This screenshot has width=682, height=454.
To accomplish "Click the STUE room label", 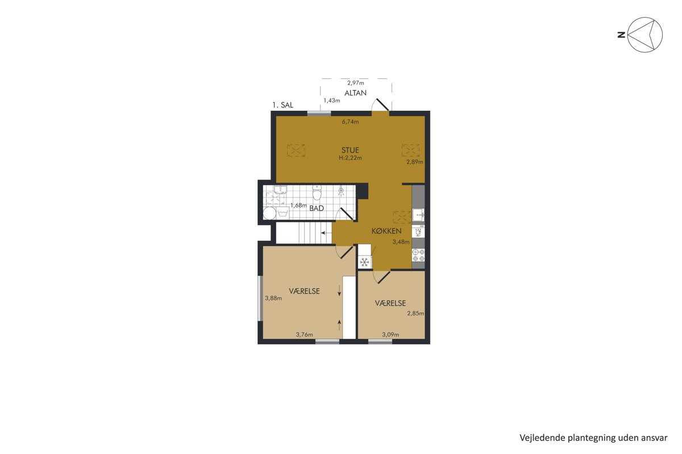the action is [x=350, y=150].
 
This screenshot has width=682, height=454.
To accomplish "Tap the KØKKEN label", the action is [x=386, y=231].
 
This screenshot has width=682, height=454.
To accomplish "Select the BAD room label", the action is [x=317, y=209].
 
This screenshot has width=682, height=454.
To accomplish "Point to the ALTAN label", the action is [x=355, y=93].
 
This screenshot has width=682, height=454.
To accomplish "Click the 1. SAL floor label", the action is [x=282, y=105].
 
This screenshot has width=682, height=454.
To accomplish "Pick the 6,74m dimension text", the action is [x=350, y=122].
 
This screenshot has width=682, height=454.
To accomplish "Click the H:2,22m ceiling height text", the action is [x=350, y=158].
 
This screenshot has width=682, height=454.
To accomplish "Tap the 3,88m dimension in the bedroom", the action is [x=273, y=299].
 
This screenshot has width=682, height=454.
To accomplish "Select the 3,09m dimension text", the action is [x=390, y=335].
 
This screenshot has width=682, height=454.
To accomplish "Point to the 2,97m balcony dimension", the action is [x=356, y=83].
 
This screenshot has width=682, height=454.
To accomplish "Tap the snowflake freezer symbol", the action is [x=365, y=262].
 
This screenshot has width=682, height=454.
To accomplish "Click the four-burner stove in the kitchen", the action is [x=418, y=255].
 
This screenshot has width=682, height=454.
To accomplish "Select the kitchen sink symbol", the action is [x=419, y=215].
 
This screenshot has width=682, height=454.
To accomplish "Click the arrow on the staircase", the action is [x=326, y=233].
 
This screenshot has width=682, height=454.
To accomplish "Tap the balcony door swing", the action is [x=380, y=105].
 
